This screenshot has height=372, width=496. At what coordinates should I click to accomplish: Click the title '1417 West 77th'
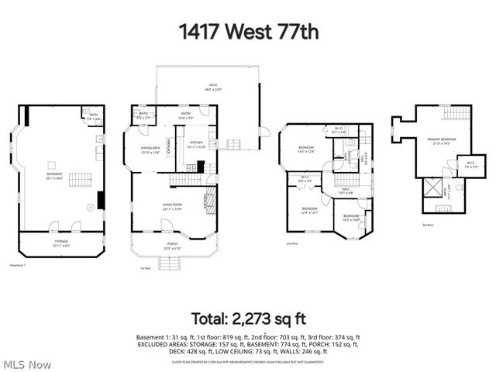(x=248, y=32)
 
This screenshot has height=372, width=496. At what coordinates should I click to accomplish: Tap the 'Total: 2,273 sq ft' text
(x=248, y=318)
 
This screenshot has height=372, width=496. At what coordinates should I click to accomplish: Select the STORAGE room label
(x=61, y=243)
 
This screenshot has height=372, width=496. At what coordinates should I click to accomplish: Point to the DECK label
(x=212, y=88)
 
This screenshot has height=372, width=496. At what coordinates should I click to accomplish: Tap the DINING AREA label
(x=150, y=150)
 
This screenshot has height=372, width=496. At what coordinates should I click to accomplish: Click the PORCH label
(x=172, y=246)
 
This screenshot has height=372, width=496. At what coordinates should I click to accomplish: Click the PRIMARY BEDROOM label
(x=441, y=141)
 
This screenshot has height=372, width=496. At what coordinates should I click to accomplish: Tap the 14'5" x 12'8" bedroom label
(x=306, y=149)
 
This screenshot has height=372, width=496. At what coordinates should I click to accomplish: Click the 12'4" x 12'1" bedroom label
(x=310, y=210)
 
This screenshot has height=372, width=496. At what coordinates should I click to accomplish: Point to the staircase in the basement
(x=81, y=180)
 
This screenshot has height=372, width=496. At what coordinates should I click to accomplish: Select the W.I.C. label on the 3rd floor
(x=470, y=164)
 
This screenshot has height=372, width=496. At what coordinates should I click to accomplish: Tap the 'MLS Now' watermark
(x=26, y=364)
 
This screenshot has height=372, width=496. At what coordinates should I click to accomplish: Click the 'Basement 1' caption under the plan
(x=18, y=265)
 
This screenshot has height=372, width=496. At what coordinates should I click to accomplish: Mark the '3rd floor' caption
(x=428, y=225)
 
